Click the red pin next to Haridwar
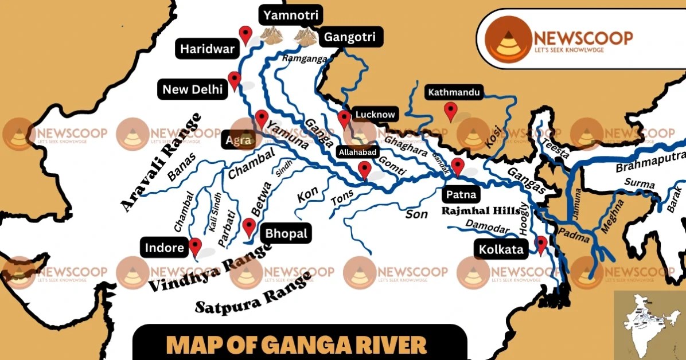(246, 34)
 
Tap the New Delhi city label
(192, 89)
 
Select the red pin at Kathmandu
(451, 110)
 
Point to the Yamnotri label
(290, 15)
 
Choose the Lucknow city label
(375, 115)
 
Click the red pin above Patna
(457, 166)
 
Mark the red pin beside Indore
(195, 246)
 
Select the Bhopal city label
(286, 234)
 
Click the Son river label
(416, 214)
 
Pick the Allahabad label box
(358, 152)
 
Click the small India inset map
(649, 324)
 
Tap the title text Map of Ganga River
(297, 345)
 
